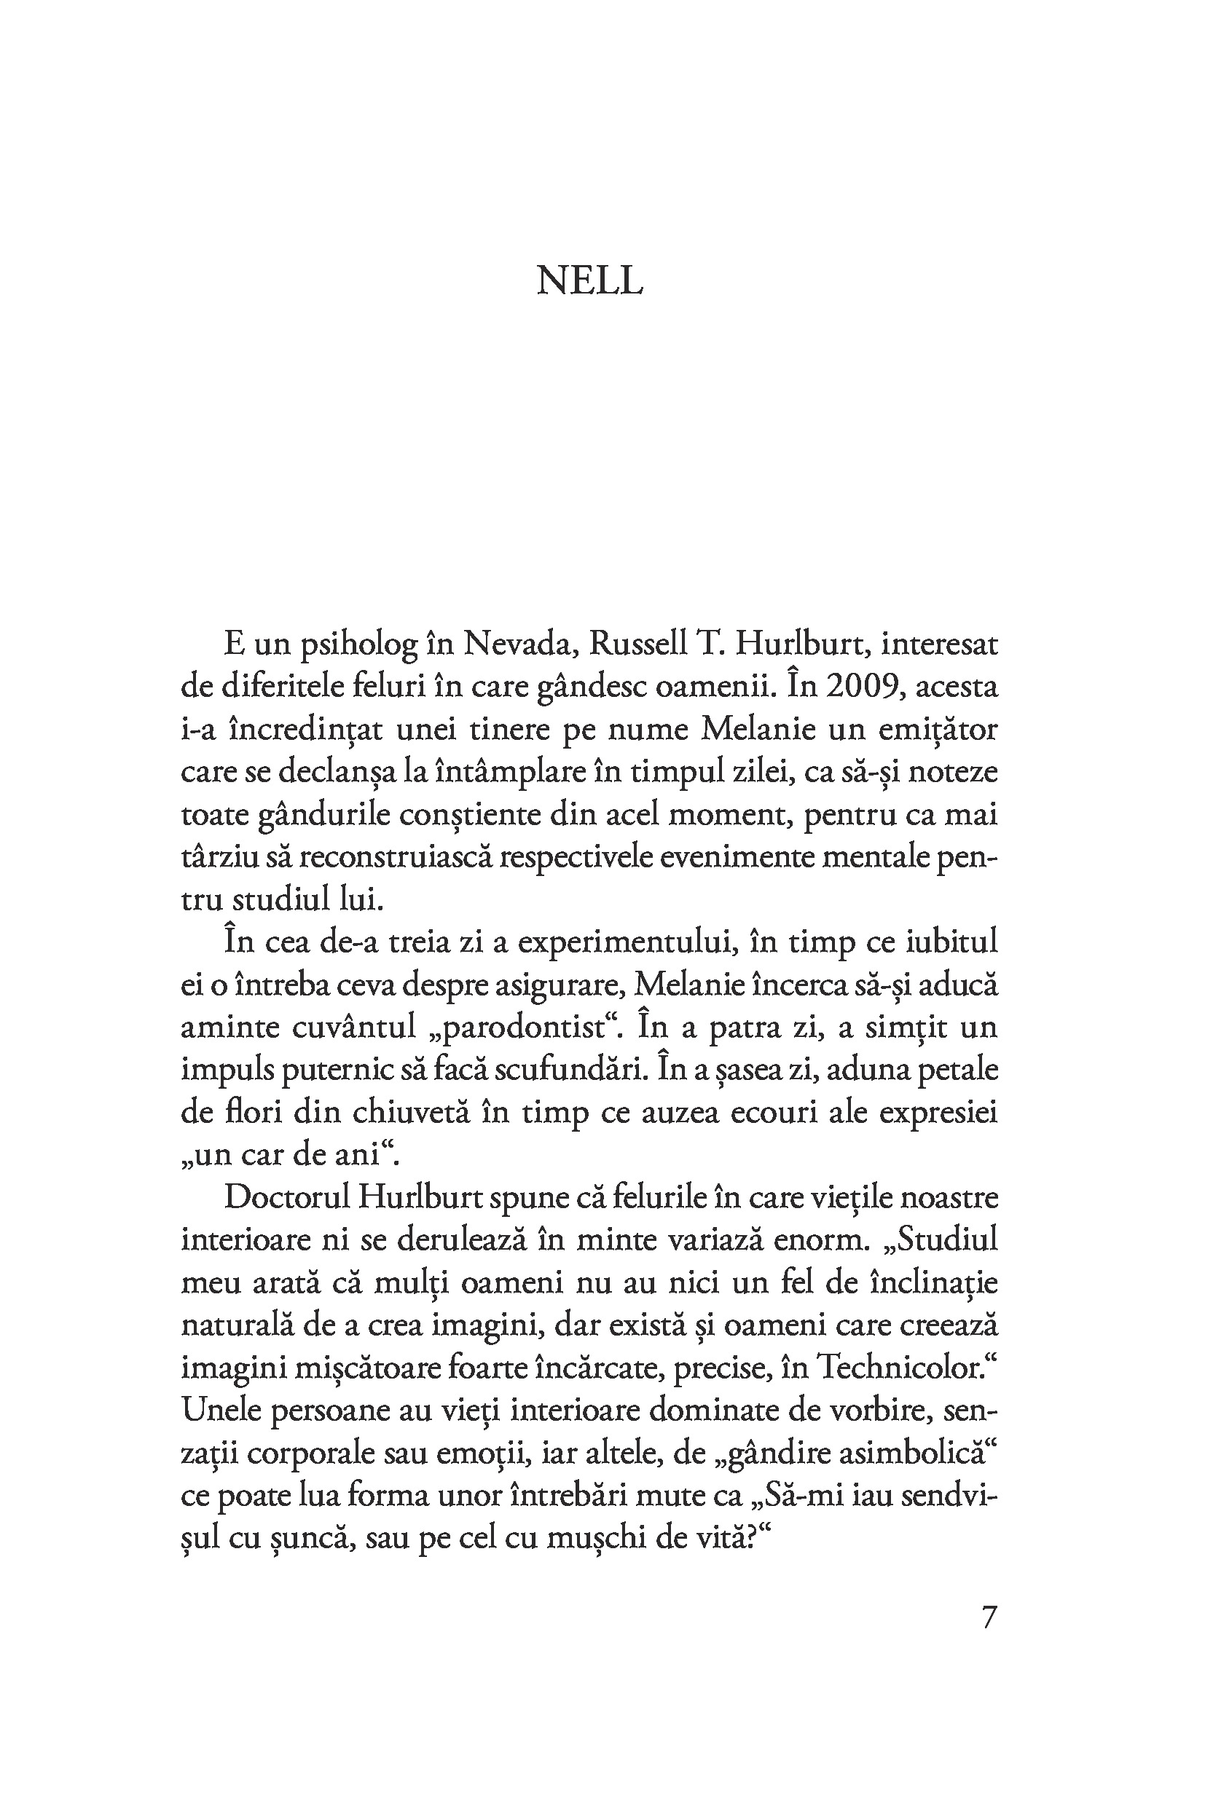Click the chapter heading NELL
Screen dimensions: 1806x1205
coord(589,281)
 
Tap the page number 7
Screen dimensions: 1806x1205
coord(989,1617)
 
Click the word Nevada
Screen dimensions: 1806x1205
coord(519,644)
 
